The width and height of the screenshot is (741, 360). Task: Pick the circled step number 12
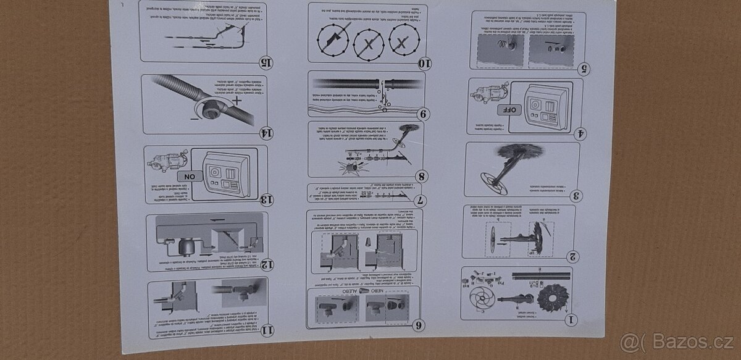coord(267,265)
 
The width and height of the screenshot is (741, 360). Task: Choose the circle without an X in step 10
coord(334,43)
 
